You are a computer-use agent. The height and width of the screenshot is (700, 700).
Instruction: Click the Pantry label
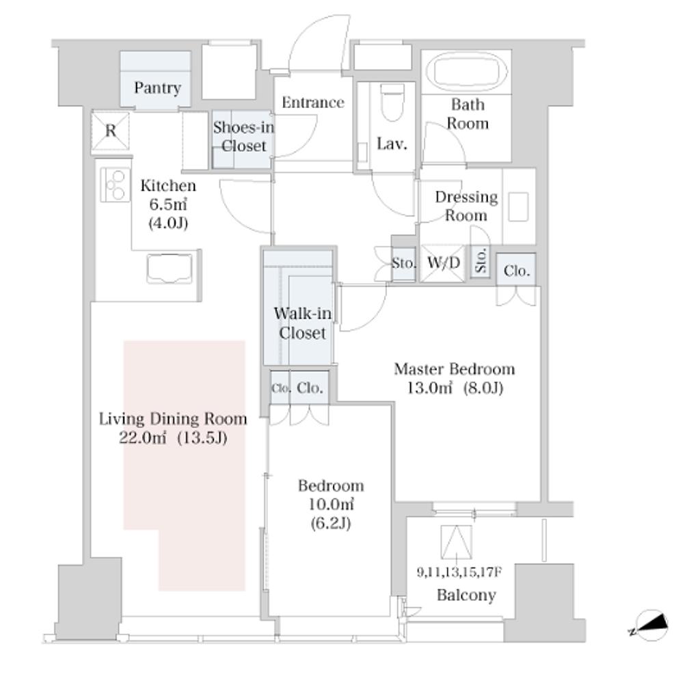click(158, 87)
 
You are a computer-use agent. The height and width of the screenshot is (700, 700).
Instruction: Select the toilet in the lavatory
click(392, 103)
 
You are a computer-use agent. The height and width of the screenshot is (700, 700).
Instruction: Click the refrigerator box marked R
click(110, 131)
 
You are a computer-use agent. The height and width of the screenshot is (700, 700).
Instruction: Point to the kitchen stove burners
click(115, 185)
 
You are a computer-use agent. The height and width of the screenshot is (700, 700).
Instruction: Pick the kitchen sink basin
click(170, 269)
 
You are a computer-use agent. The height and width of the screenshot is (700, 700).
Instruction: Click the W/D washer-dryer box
click(443, 263)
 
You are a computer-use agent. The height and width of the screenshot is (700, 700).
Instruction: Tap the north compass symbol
click(650, 625)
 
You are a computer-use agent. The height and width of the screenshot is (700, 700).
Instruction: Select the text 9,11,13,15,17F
click(459, 572)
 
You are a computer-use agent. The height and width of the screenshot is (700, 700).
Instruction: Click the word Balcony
click(466, 595)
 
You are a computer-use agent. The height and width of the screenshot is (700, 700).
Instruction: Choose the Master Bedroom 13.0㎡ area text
click(455, 388)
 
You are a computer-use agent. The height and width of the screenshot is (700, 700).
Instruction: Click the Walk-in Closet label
click(303, 323)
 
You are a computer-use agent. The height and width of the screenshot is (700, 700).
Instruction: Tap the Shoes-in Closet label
click(244, 137)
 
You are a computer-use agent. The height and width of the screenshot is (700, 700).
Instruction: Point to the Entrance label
click(313, 103)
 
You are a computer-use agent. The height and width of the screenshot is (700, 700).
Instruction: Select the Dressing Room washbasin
click(519, 206)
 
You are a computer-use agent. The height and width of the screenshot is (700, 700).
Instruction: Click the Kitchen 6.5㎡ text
click(168, 204)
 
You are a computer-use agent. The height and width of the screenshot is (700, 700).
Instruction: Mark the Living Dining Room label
click(173, 419)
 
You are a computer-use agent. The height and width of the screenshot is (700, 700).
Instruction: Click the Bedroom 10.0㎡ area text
click(331, 504)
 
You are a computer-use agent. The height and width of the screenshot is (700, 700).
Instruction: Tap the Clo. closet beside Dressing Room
click(517, 271)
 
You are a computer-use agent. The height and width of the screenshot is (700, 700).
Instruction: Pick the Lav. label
click(392, 144)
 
